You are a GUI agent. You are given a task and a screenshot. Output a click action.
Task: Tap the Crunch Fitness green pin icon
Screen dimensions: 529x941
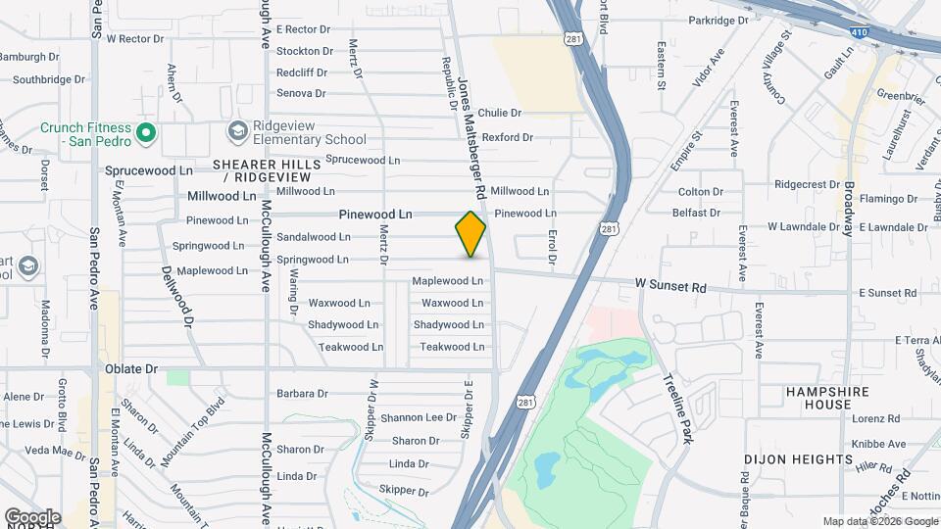tap(146, 131)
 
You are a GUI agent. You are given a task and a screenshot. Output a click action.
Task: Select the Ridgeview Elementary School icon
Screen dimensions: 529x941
tap(237, 131)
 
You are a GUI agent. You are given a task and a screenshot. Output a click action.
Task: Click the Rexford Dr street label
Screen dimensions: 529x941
tap(507, 138)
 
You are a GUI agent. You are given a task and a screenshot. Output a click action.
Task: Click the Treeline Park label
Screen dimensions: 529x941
tap(677, 409)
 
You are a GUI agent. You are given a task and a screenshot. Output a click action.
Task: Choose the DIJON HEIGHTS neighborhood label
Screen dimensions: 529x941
tap(798, 459)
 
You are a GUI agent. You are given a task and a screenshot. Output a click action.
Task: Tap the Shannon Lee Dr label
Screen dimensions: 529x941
tap(419, 417)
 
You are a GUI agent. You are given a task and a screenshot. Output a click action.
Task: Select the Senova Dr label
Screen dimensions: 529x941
tap(301, 93)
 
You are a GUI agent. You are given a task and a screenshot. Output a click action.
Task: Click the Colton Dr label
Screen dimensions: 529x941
tap(700, 192)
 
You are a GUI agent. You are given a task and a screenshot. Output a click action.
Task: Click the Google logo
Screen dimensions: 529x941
tap(32, 516)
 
